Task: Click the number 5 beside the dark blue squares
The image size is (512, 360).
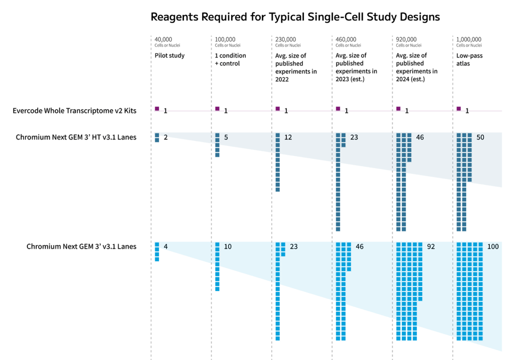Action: (226, 137)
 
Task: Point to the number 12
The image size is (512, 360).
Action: (288, 137)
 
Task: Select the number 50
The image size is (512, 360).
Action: (480, 137)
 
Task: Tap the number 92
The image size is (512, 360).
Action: (431, 247)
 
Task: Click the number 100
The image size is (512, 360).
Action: (493, 247)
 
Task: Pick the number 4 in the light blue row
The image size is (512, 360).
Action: (166, 247)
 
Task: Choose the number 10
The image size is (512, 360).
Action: (228, 247)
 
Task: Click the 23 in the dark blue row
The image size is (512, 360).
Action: (354, 137)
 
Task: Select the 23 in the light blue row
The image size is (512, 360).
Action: (294, 247)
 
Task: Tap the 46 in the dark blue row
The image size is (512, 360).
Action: (420, 137)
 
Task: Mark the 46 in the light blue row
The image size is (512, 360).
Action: (360, 247)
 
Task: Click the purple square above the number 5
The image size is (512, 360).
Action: (218, 109)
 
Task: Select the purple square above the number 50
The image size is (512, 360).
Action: (459, 109)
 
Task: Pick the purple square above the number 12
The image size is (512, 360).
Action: (278, 109)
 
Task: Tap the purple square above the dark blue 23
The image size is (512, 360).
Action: (338, 109)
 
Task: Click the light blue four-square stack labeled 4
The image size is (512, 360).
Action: (157, 252)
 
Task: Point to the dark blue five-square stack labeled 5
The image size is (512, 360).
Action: (218, 145)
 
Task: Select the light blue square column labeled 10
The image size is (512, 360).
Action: (218, 267)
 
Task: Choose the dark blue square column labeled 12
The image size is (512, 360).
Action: (278, 163)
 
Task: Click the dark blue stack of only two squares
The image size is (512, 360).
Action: (157, 138)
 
